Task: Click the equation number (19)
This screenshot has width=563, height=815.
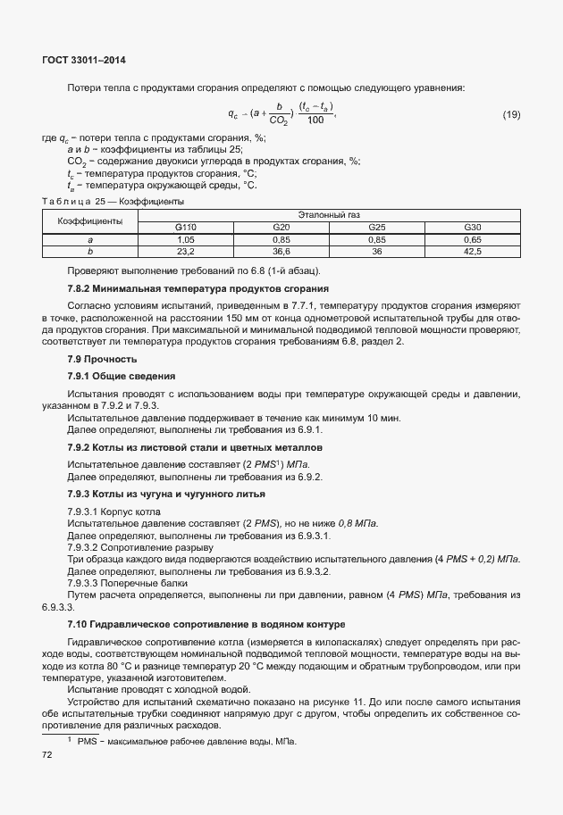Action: pos(511,113)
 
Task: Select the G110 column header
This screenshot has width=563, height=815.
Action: pos(186,228)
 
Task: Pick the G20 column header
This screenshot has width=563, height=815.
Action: pos(281,228)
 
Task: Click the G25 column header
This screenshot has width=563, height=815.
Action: pos(377,228)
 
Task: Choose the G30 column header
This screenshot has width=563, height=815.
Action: pos(473,228)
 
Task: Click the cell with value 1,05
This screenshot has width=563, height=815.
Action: pos(186,240)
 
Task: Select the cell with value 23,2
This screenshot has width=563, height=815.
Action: pos(186,252)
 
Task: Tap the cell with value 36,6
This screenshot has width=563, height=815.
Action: pos(281,252)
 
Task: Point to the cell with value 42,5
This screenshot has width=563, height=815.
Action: pos(473,252)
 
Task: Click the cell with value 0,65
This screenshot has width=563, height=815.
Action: pos(473,240)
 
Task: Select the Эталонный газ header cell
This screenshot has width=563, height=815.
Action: pos(330,215)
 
